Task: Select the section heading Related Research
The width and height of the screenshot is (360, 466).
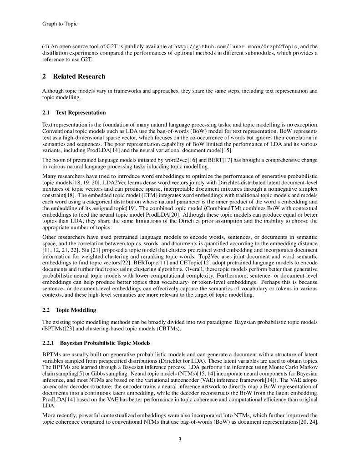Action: coord(79,76)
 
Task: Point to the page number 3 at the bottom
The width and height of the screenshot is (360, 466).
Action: coord(180,439)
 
